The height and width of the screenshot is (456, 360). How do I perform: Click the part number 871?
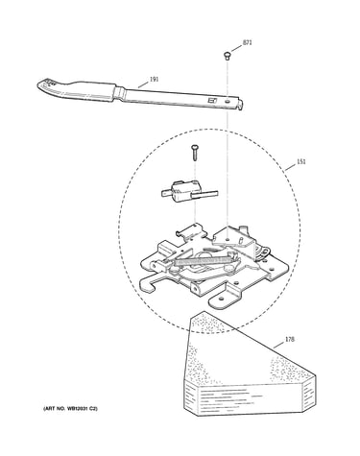point(248,42)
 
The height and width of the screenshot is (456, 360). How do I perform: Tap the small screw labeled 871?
point(227,56)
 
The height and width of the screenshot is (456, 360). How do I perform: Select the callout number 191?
point(154,79)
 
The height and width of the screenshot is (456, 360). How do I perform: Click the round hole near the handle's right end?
point(228,101)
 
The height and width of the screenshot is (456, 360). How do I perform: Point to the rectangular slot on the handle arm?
point(213,101)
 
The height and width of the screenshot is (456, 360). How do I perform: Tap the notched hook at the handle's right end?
point(240,104)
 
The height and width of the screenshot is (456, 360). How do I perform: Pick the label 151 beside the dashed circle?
point(301,161)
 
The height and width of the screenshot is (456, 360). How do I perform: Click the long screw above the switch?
point(195,153)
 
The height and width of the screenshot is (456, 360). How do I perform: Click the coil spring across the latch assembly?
point(202,261)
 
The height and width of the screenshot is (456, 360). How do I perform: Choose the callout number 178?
point(289,339)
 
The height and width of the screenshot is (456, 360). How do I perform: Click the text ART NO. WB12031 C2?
point(70,409)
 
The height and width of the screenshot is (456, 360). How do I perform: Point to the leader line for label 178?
point(278,345)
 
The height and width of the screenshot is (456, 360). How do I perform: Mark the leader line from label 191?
point(143,84)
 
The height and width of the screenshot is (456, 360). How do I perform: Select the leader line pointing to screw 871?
point(236,48)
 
